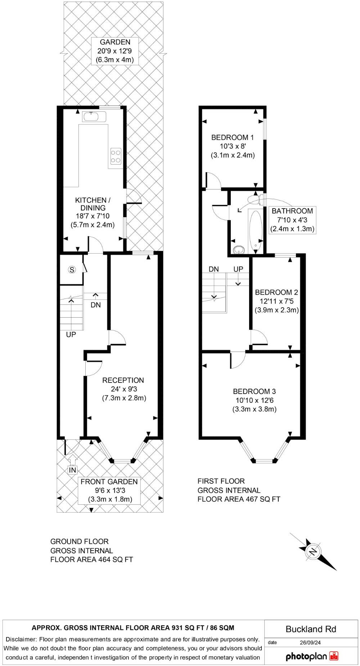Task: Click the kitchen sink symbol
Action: point(94,117)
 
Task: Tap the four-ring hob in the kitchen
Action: point(116,157)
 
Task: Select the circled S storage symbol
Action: point(72,269)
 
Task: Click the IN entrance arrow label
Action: point(72,470)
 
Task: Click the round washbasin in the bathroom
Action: point(238,249)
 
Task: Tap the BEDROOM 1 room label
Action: point(233,137)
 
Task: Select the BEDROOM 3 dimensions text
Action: point(254,404)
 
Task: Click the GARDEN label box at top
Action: point(115,51)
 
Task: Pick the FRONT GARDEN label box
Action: point(109,490)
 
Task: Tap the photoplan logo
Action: point(312,656)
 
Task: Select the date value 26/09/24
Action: point(310,642)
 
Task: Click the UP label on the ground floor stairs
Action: point(71,334)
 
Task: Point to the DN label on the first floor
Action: point(214,269)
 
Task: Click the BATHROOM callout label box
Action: point(292,220)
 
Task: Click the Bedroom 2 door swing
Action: point(259,338)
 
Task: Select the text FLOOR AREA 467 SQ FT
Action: point(239,499)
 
